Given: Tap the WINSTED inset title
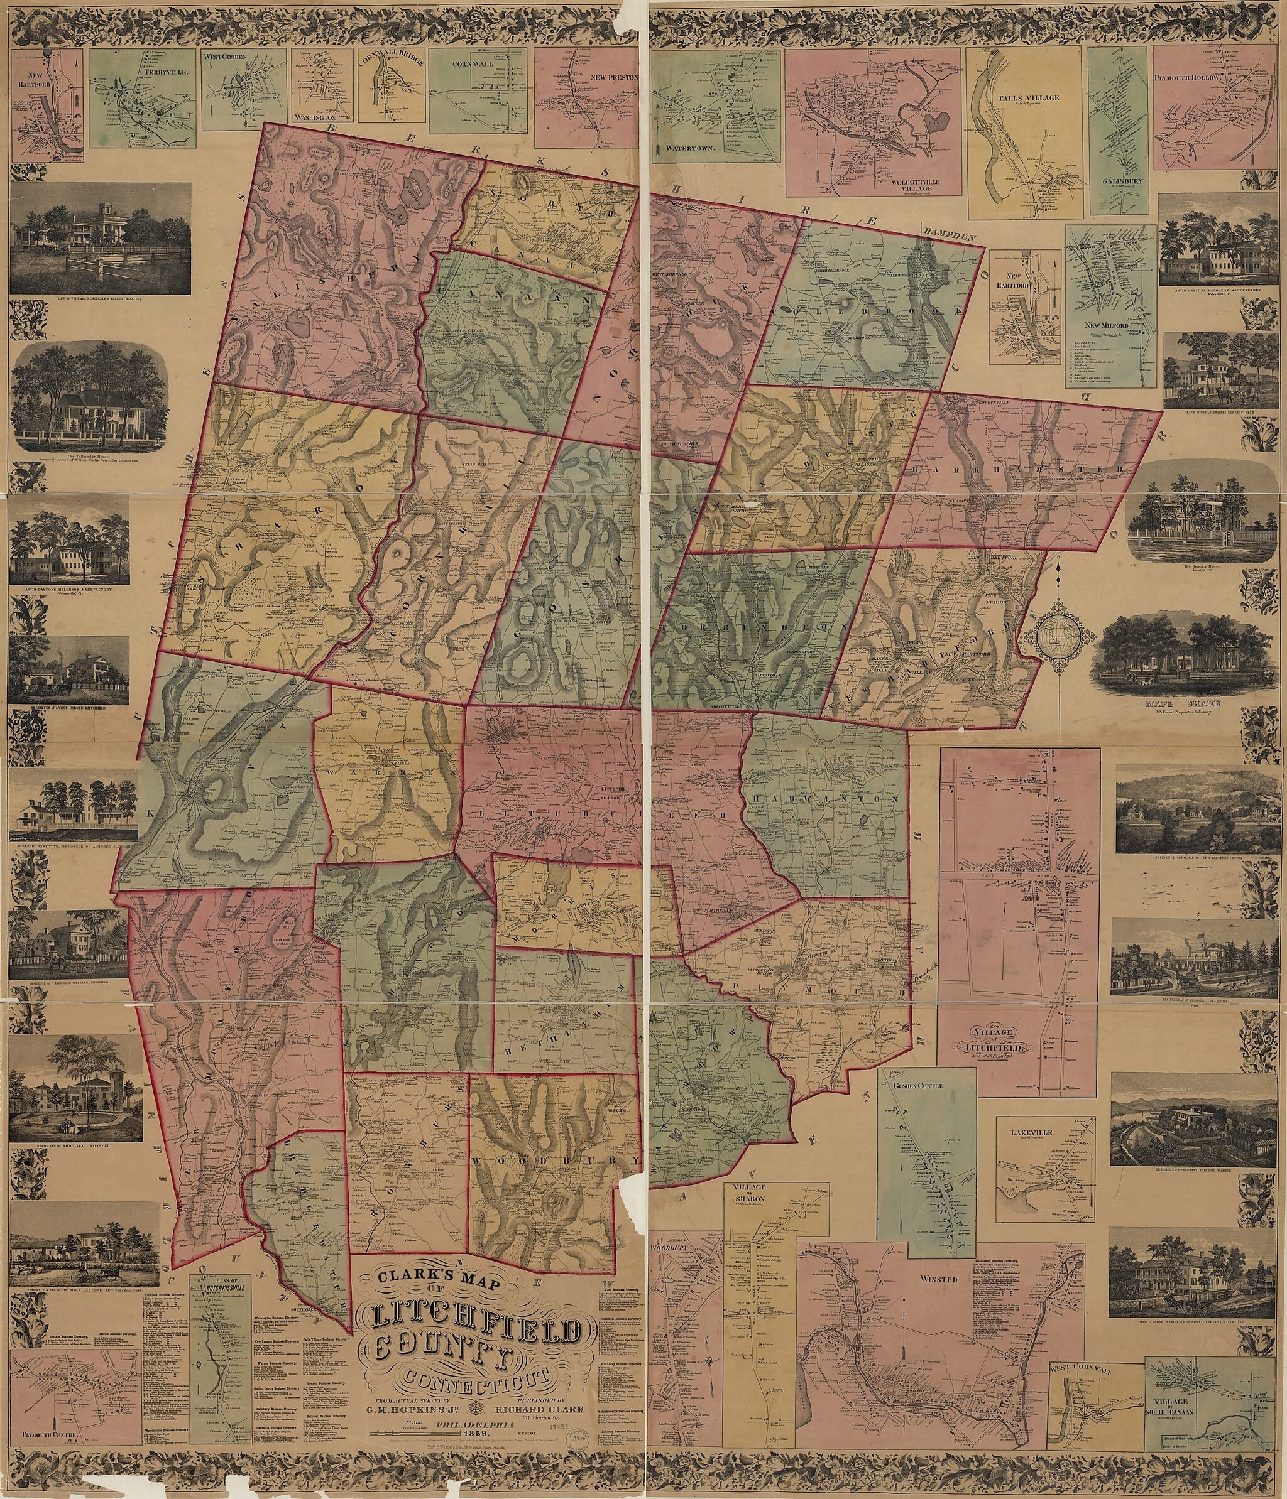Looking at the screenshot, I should [939, 1279].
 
